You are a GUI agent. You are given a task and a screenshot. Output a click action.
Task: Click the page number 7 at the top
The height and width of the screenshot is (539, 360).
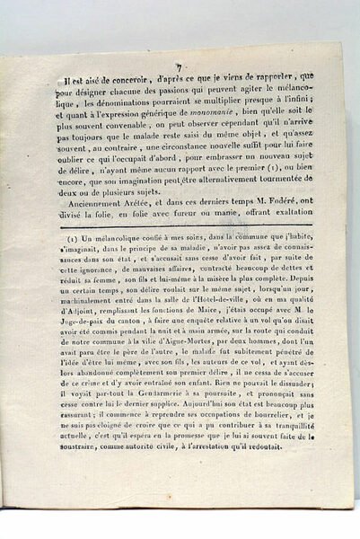[x=180, y=66]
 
